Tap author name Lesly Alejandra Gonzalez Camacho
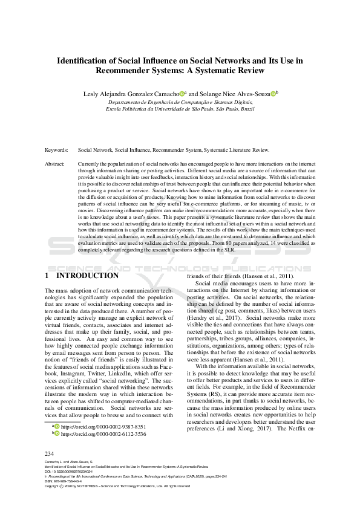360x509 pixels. (x=131, y=94)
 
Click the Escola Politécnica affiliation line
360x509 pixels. (x=180, y=109)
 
